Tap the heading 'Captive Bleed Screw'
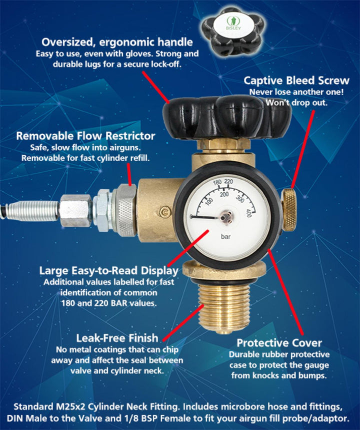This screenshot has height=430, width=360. (296, 81)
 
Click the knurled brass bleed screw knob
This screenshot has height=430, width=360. (289, 210)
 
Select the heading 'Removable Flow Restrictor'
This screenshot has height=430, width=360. (85, 136)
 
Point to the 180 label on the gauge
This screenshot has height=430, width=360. (217, 182)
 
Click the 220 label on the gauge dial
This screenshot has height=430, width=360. (228, 182)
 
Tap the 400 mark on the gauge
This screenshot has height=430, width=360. (249, 213)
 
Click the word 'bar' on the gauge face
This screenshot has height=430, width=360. (225, 236)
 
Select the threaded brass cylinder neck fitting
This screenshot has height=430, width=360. (224, 308)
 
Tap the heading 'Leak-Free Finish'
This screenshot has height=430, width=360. (117, 338)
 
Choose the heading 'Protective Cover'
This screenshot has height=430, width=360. (279, 343)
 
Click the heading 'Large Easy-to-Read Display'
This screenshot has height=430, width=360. (109, 271)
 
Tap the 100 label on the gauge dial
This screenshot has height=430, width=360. (209, 201)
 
